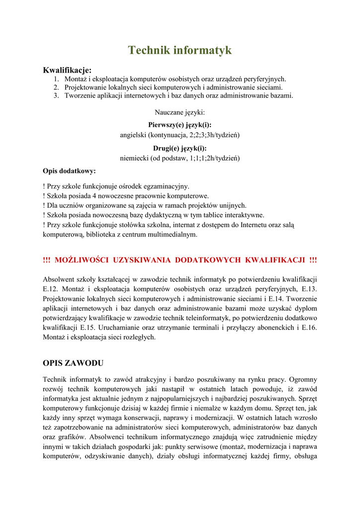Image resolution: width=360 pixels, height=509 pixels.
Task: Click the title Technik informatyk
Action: (x=180, y=50)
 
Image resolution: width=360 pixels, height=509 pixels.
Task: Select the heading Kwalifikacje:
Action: (x=67, y=70)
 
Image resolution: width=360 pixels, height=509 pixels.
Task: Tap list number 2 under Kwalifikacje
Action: (x=57, y=87)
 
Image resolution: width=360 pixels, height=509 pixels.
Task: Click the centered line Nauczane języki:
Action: (x=180, y=113)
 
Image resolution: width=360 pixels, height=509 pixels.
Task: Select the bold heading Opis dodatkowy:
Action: (x=70, y=171)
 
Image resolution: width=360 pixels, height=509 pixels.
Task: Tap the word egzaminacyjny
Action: (x=166, y=186)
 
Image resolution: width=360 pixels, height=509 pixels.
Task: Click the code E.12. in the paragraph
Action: (x=52, y=289)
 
